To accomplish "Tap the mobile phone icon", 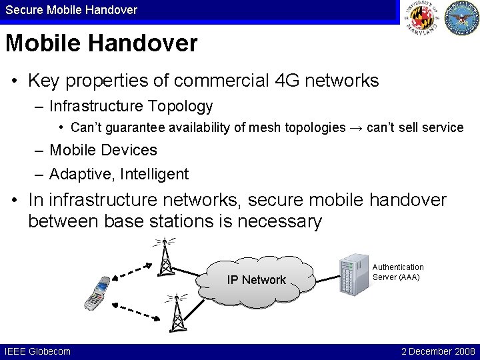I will (95, 293).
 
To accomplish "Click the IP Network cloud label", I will (256, 280).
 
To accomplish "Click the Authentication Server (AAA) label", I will (397, 271).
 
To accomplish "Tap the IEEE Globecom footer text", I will (37, 351).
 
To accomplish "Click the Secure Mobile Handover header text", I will (71, 9).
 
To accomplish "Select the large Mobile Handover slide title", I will (101, 44).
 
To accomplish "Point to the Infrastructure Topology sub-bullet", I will (131, 106).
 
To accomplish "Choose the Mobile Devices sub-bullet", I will (103, 150).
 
